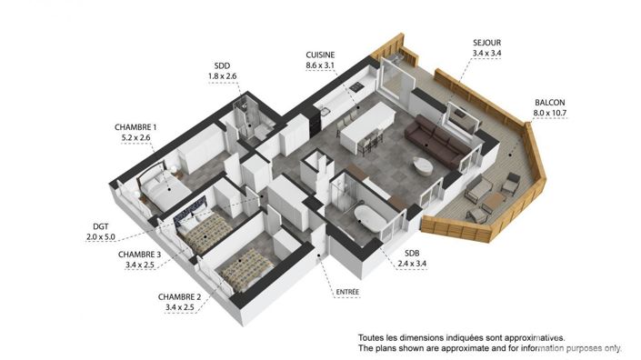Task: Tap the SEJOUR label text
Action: [x=487, y=43]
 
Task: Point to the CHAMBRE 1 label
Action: [x=135, y=126]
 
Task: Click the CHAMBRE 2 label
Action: [x=178, y=296]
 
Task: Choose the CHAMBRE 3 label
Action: [x=140, y=255]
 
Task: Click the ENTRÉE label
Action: [x=347, y=292]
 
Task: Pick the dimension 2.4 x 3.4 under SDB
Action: [x=412, y=264]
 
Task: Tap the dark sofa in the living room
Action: [x=437, y=140]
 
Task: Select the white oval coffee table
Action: [x=423, y=165]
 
